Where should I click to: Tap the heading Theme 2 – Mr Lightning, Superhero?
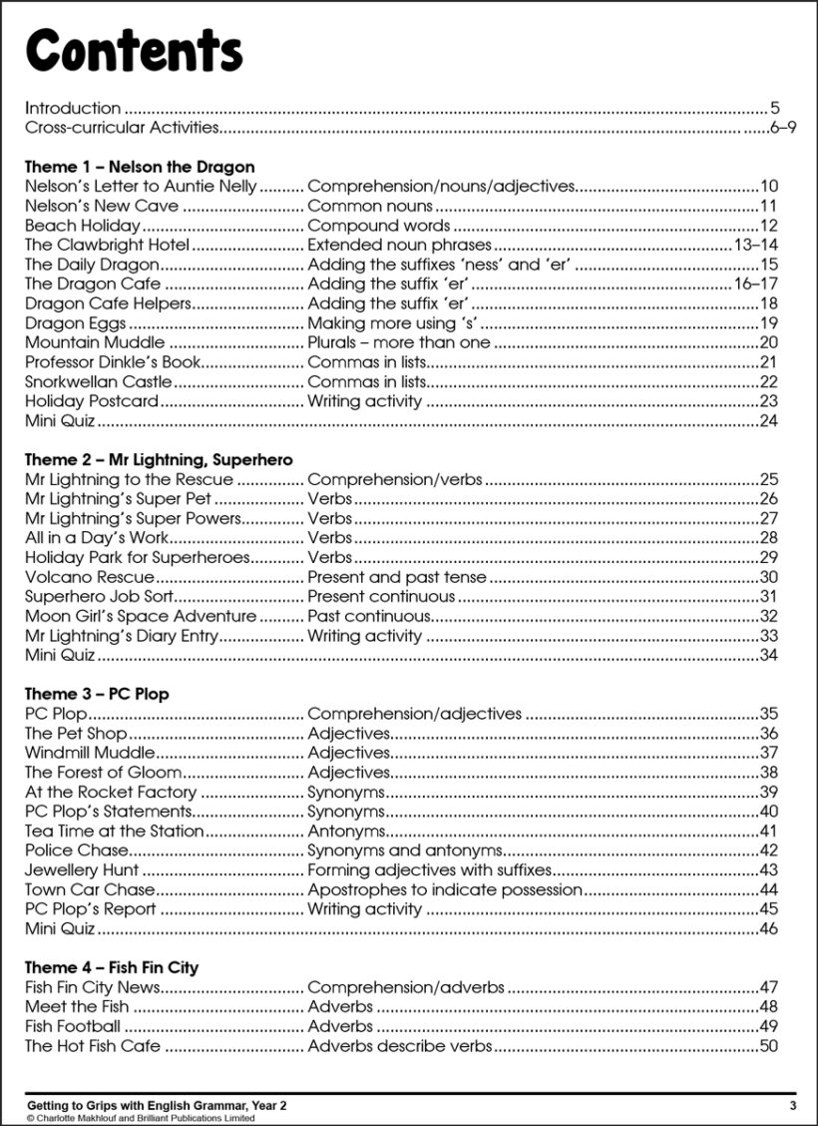[x=159, y=460]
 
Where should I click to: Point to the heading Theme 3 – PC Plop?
[x=97, y=694]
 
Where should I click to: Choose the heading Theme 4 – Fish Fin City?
[x=112, y=967]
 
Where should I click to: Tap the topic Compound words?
[x=378, y=226]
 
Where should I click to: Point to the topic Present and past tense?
[x=397, y=577]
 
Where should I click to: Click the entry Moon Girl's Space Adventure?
[x=141, y=616]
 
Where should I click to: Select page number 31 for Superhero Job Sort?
[x=768, y=597]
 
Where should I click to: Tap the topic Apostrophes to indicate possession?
[x=445, y=889]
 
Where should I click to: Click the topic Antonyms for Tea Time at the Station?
[x=346, y=831]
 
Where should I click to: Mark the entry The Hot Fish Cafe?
[x=93, y=1046]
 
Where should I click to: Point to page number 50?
[x=768, y=1046]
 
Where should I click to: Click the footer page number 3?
[x=792, y=1105]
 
